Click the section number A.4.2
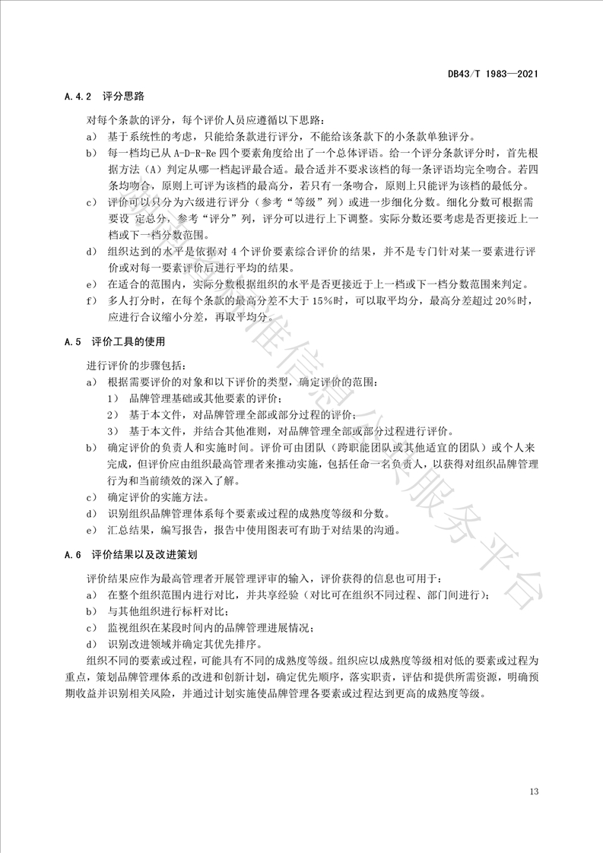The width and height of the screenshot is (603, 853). pos(78,97)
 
